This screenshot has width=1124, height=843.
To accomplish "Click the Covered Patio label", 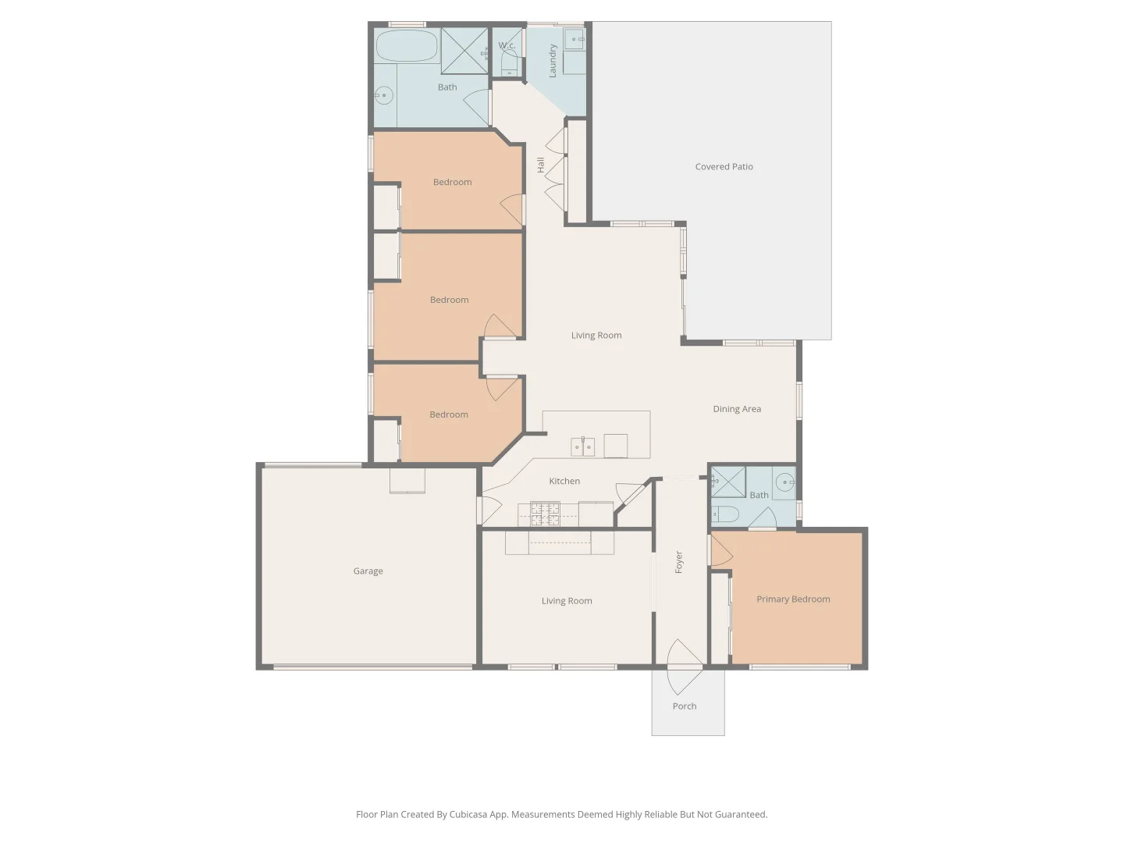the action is [724, 166].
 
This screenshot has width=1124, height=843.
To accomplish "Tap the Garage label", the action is [368, 571].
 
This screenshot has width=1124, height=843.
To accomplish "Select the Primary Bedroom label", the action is [793, 599].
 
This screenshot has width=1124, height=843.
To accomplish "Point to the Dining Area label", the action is [737, 408].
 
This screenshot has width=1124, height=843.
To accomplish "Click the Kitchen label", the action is [564, 481].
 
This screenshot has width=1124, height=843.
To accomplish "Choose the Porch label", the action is [684, 706].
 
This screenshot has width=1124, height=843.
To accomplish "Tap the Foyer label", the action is [679, 562].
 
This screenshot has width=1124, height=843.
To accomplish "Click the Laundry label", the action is [552, 61].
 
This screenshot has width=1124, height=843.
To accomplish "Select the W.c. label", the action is [507, 45].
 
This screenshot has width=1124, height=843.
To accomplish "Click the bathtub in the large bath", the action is [407, 46].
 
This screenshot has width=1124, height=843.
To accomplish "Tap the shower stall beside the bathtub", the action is [464, 51].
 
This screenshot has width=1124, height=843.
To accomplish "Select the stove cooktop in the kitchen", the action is [545, 514].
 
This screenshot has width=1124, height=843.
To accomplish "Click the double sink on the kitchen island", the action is [583, 446].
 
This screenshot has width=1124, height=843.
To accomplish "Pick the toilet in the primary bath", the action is [725, 514].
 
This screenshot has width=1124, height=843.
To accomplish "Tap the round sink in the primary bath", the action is [784, 482].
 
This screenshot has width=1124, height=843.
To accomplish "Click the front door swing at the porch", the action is [684, 667].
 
